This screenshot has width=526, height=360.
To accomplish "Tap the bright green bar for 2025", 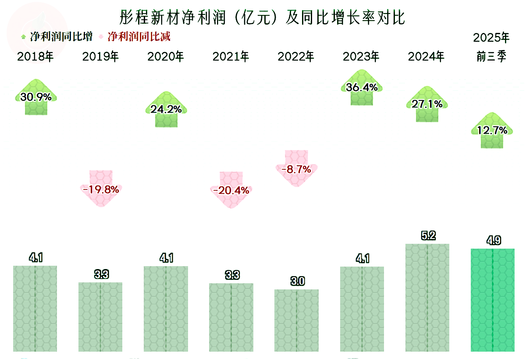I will click(493, 300).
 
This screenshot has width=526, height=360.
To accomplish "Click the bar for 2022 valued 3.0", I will click(297, 320).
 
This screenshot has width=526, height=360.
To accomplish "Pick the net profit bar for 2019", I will click(100, 317).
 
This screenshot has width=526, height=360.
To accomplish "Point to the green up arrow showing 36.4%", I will click(362, 88).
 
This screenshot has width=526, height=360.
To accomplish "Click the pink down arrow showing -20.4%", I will click(231, 189).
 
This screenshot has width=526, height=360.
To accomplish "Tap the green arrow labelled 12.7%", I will click(492, 130).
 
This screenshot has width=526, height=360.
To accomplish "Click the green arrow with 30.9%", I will click(36, 97).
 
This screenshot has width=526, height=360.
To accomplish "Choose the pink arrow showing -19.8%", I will click(100, 189).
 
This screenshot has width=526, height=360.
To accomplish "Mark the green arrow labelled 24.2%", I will click(166, 110).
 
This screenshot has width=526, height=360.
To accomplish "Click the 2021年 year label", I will click(231, 57).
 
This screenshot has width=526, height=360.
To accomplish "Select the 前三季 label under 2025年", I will click(492, 57).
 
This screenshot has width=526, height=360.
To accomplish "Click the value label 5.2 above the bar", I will click(428, 236).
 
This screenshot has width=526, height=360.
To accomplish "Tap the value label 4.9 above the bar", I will click(493, 241).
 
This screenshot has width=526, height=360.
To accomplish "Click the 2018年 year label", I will click(36, 57).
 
